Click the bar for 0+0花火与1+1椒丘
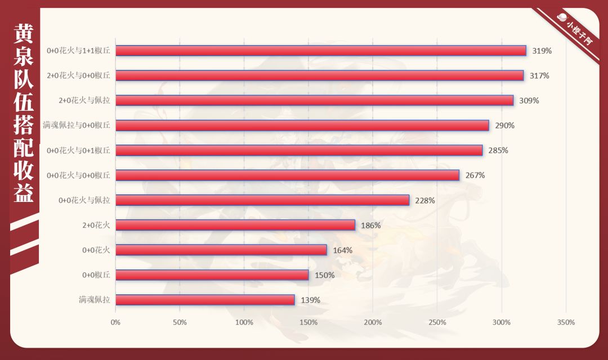(320, 51)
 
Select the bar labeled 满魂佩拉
(205, 300)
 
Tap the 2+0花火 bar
(235, 225)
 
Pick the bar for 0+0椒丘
(212, 275)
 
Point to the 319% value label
(542, 51)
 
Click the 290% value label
(504, 125)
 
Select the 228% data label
(425, 200)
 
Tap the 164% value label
(342, 250)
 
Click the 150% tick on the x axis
(309, 322)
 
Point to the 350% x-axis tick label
(566, 322)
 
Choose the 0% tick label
(115, 322)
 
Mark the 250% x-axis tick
(437, 322)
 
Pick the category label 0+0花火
(96, 250)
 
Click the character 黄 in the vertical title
(23, 35)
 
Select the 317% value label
(539, 75)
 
